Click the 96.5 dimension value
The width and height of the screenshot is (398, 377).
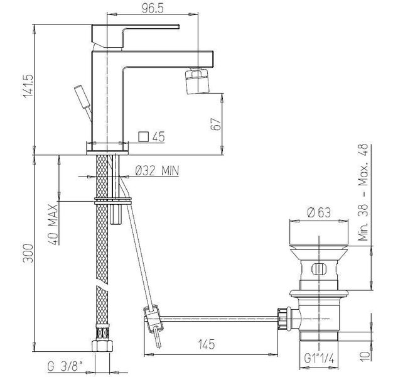[x=153, y=8]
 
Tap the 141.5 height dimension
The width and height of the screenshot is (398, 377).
[x=28, y=85]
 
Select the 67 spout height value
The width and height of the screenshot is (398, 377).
[x=216, y=124]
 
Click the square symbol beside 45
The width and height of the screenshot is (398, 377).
[x=143, y=137]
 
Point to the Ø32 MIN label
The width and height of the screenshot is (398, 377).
[x=157, y=170]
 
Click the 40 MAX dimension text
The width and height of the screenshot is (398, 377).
[x=53, y=224]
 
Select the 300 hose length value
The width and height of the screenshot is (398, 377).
[x=28, y=253]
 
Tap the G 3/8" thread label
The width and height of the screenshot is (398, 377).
[x=65, y=366]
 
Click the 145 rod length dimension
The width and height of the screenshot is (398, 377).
[x=207, y=344]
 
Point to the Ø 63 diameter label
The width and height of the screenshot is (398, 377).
[x=319, y=212]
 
